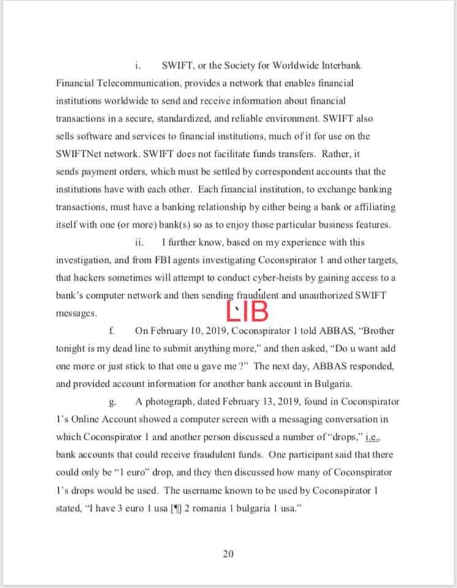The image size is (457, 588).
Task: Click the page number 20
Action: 228,554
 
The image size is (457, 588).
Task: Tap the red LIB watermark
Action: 247,311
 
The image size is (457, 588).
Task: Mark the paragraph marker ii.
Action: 139,242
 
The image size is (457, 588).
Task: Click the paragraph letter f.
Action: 111,331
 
